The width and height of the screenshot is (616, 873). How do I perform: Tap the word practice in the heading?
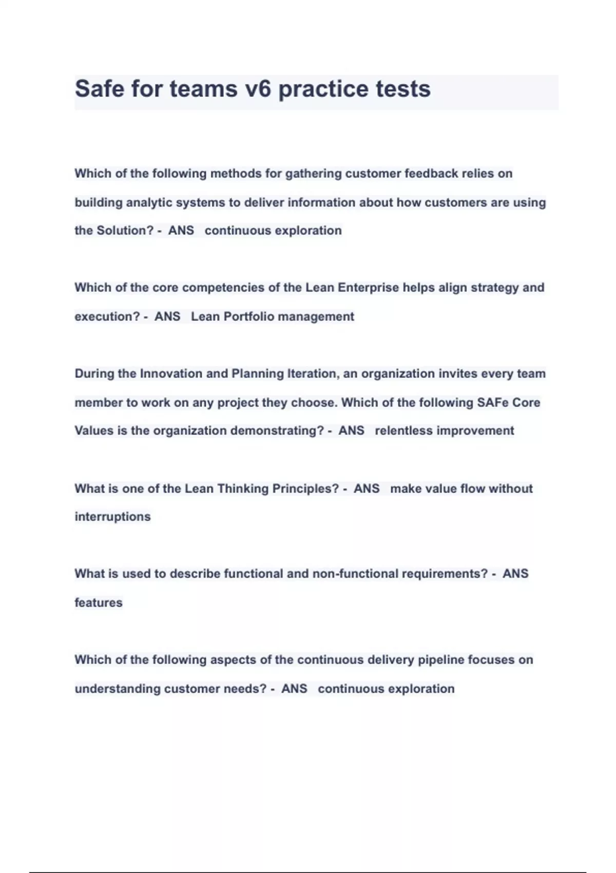323,89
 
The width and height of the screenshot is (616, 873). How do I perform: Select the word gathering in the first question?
313,174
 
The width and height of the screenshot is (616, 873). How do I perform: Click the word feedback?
431,174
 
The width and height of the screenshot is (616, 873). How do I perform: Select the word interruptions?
112,517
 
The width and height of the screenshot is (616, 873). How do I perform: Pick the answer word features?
99,602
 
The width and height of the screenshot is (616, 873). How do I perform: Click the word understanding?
118,689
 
